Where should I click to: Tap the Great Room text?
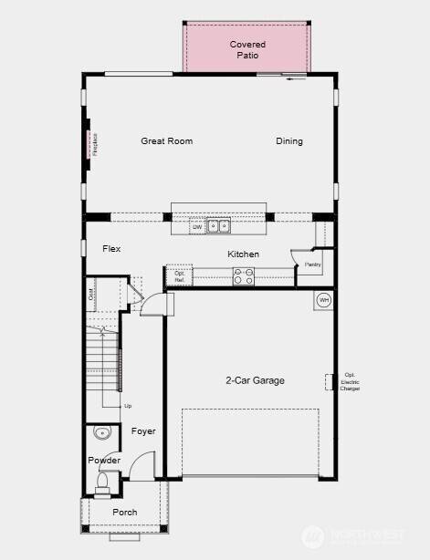pyautogui.click(x=166, y=140)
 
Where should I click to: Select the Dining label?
pyautogui.click(x=289, y=140)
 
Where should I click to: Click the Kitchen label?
pyautogui.click(x=243, y=254)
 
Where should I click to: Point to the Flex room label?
pyautogui.click(x=111, y=248)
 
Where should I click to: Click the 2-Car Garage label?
pyautogui.click(x=256, y=380)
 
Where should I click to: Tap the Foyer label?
pyautogui.click(x=143, y=430)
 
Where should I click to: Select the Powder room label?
pyautogui.click(x=104, y=461)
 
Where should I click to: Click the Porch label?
pyautogui.click(x=124, y=512)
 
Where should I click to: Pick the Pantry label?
pyautogui.click(x=312, y=264)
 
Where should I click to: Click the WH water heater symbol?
pyautogui.click(x=323, y=299)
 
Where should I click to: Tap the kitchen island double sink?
pyautogui.click(x=218, y=225)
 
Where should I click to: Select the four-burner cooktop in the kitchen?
pyautogui.click(x=244, y=276)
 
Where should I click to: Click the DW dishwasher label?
pyautogui.click(x=196, y=225)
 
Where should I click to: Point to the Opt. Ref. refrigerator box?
pyautogui.click(x=179, y=276)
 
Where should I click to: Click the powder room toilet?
pyautogui.click(x=102, y=481)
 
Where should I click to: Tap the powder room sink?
pyautogui.click(x=101, y=433)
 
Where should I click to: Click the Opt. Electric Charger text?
pyautogui.click(x=350, y=381)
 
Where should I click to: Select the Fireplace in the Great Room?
pyautogui.click(x=89, y=144)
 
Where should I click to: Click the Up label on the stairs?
pyautogui.click(x=127, y=405)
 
